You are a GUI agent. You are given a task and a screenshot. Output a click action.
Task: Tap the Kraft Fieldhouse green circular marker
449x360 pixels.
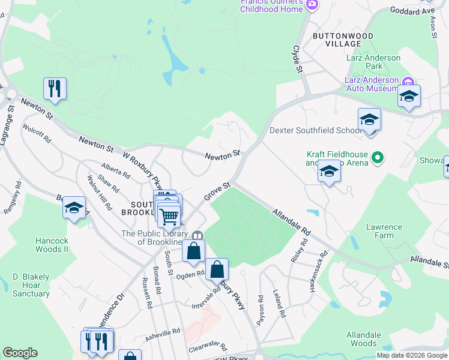(378, 158)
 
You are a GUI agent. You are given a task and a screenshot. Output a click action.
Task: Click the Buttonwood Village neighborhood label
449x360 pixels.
(343, 40)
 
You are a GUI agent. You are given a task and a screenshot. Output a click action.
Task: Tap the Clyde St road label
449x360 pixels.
(297, 59)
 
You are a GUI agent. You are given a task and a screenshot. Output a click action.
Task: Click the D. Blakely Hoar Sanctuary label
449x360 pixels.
(31, 286)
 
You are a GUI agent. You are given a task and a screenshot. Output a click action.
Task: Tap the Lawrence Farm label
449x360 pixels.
(384, 231)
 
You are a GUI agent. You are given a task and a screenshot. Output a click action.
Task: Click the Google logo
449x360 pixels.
(20, 353)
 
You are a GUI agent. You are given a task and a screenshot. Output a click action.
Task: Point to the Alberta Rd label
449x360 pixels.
(116, 171)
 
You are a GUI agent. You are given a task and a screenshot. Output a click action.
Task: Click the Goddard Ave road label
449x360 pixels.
(420, 11)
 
